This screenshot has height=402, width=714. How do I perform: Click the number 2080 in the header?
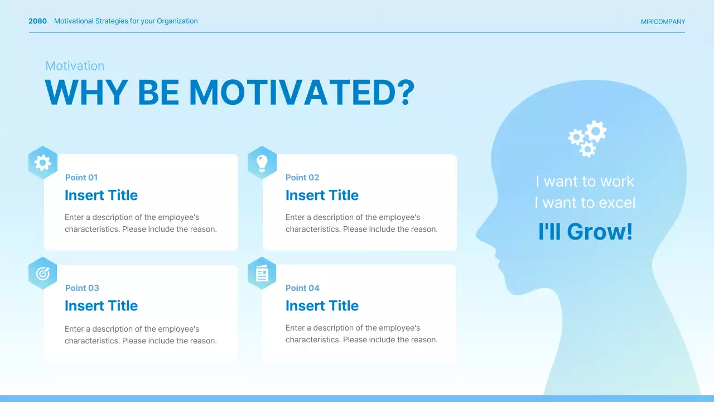37,21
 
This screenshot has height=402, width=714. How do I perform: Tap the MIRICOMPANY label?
663,22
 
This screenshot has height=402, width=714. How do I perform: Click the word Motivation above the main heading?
75,66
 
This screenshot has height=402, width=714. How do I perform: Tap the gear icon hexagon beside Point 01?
43,162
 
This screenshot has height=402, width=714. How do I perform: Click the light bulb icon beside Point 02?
262,162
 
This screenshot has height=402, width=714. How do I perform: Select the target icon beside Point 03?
43,274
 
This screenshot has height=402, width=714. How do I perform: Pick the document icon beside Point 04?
262,274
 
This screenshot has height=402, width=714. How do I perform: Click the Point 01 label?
81,178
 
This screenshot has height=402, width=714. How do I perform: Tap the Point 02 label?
302,178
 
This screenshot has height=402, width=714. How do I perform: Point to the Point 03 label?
82,288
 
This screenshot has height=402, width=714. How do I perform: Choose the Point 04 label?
302,288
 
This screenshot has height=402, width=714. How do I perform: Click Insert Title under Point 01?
101,195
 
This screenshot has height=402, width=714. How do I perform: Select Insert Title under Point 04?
322,305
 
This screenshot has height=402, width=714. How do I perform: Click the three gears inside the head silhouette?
587,138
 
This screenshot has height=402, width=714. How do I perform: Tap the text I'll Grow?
585,231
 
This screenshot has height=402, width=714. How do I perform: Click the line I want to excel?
585,203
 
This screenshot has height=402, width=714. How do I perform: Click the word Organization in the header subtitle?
177,21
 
